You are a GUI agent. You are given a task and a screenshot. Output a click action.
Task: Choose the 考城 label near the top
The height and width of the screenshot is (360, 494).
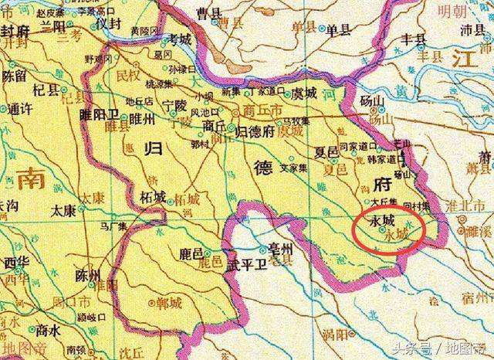pos(180,39)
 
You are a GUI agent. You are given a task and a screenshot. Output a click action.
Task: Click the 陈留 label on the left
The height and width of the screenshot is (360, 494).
pos(15,76)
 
